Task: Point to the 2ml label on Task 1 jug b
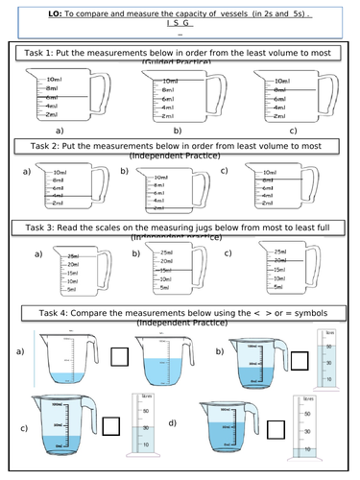[167, 115]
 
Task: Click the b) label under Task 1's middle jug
[178, 128]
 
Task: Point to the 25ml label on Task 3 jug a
[71, 254]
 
